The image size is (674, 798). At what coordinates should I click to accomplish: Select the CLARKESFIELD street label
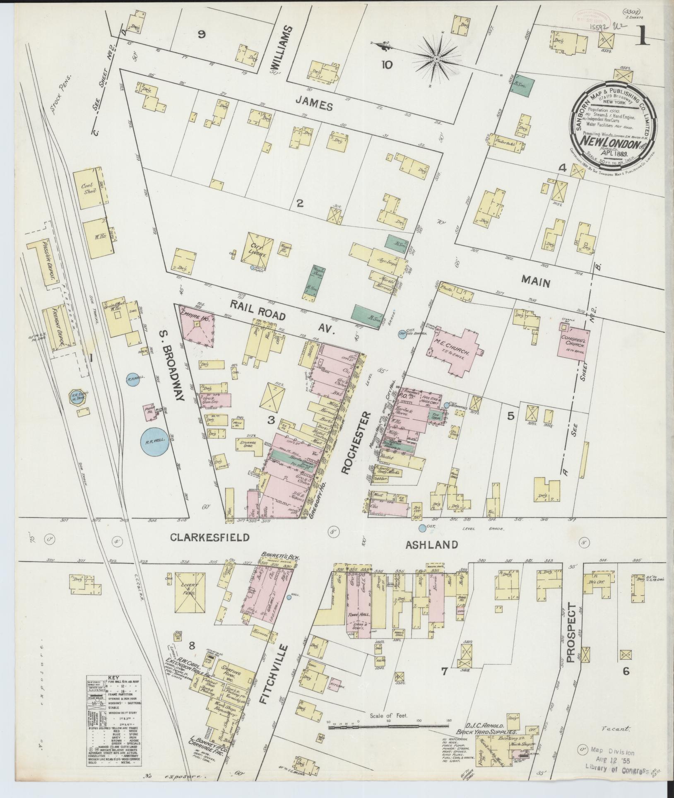[210, 538]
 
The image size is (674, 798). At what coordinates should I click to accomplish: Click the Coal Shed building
[89, 186]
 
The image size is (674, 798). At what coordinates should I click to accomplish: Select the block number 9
[202, 35]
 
